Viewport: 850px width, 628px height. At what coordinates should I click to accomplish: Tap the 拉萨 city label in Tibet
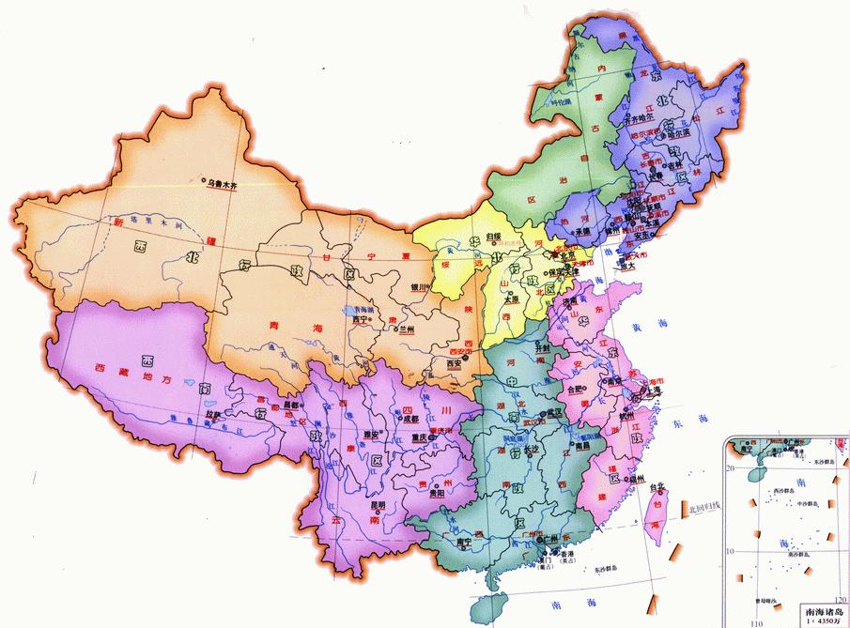tap(213, 413)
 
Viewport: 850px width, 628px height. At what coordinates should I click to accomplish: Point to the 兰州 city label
tap(406, 329)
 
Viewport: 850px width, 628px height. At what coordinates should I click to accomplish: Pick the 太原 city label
tap(512, 299)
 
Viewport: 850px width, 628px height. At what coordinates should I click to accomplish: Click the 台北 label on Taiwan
tap(665, 485)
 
